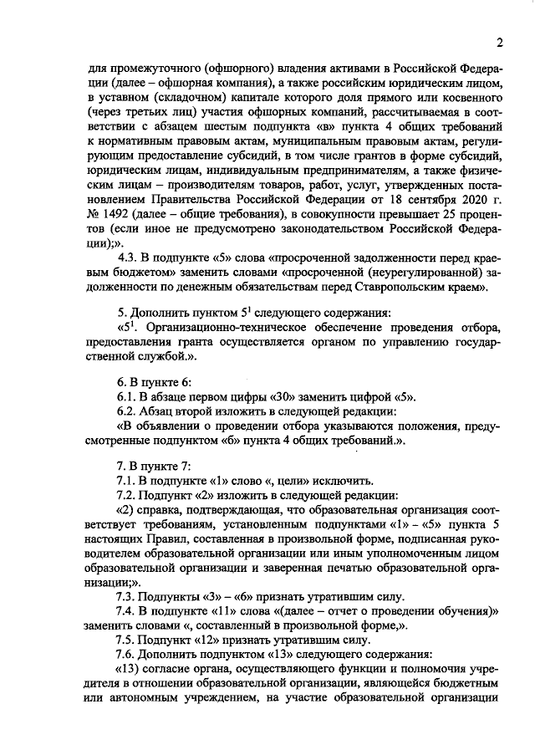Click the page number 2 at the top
(x=499, y=43)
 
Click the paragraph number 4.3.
(x=130, y=257)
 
